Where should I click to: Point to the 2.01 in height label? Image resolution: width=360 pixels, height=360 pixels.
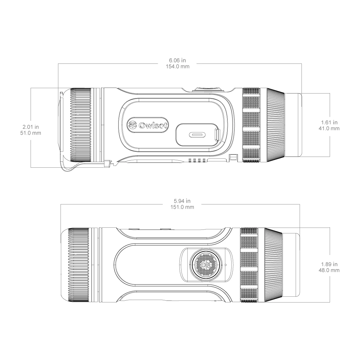[x=31, y=127]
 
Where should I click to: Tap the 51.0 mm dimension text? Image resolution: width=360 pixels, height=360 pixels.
[x=31, y=133]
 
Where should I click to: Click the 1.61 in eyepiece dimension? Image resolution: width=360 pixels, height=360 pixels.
[x=329, y=122]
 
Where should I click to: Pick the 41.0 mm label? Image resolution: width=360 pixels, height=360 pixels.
[x=329, y=128]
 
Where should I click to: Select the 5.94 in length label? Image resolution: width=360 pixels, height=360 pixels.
[x=180, y=201]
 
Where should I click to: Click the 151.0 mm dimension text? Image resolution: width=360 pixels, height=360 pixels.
[x=180, y=207]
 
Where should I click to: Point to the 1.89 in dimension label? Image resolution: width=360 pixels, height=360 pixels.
[x=329, y=264]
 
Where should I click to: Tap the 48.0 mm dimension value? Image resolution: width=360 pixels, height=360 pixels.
[x=329, y=270]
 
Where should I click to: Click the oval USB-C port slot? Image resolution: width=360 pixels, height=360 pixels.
[x=197, y=134]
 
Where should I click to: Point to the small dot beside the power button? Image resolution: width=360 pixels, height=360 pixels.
[x=225, y=265]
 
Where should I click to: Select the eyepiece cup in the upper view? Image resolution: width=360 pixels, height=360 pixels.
[x=293, y=125]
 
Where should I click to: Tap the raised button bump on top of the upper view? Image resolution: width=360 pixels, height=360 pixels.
[x=208, y=88]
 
